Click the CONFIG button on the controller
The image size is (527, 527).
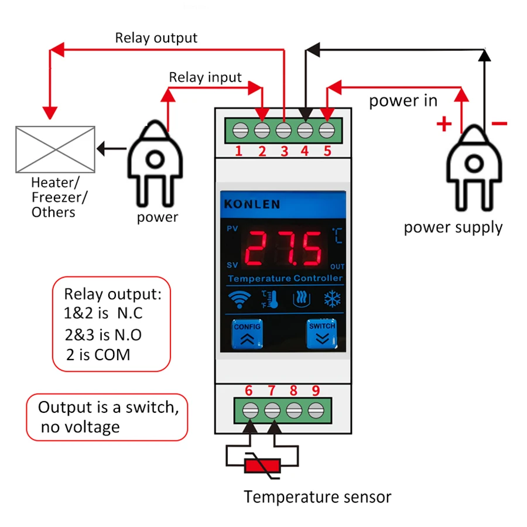pos(247,334)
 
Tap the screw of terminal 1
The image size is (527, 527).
pos(240,131)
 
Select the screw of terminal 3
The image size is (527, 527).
pos(283,131)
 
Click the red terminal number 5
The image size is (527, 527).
pos(327,151)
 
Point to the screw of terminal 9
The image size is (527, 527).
pos(316,410)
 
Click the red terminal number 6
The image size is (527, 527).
pos(249,391)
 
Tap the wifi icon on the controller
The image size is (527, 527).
pos(239,299)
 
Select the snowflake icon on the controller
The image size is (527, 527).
pos(333,299)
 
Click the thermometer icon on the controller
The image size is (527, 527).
pos(270,299)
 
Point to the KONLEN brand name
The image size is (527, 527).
pos(252,204)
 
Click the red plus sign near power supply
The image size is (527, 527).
pos(444,124)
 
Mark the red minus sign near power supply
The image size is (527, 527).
pos(499,124)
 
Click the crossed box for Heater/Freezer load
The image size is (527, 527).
pos(56,149)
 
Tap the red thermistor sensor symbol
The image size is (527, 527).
pos(262,466)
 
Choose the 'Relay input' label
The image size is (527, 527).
pos(205,77)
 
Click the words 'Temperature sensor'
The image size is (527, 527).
pos(317,497)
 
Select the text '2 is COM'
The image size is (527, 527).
pos(98,355)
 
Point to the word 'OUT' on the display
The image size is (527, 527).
pos(337,266)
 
